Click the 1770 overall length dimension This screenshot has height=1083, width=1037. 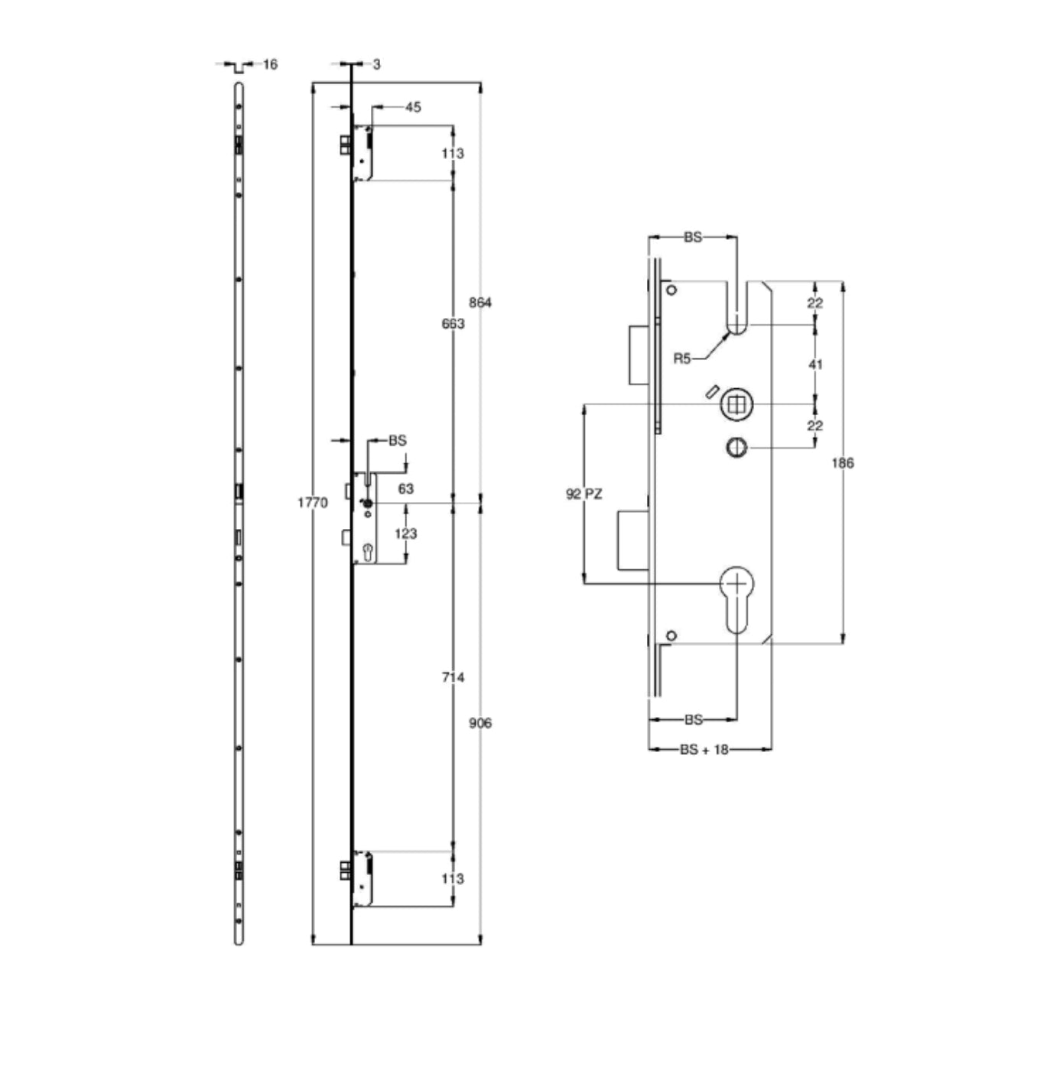(312, 502)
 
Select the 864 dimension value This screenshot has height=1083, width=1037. (480, 303)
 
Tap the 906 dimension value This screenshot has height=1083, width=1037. (480, 723)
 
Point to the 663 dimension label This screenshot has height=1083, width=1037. (453, 324)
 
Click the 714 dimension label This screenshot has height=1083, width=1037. (453, 677)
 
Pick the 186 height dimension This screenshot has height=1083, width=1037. (843, 463)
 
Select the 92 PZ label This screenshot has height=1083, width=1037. (584, 494)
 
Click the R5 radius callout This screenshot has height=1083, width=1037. (682, 358)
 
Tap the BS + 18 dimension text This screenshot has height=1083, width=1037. (704, 750)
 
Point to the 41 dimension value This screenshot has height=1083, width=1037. (815, 365)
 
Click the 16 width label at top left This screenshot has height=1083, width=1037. (270, 65)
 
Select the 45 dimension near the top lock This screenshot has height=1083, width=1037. (413, 108)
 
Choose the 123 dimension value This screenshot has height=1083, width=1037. (406, 533)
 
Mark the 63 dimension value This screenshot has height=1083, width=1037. (406, 489)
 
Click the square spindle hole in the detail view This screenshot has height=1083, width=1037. (736, 404)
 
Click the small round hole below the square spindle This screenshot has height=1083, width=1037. (736, 447)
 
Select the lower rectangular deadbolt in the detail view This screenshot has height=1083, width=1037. (633, 540)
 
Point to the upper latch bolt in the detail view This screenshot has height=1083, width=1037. (640, 355)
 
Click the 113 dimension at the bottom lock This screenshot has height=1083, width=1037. (453, 879)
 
